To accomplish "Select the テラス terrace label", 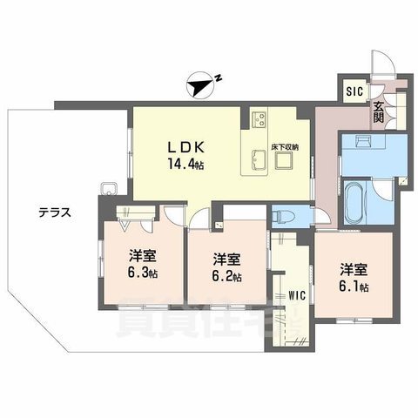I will tap(53, 212).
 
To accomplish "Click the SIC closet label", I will tap(354, 90).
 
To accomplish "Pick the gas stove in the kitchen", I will tap(259, 120).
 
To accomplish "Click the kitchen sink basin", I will tap(258, 158).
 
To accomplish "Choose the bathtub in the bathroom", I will tap(356, 204).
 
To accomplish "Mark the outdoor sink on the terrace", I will tap(108, 191).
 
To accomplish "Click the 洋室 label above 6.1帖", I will tap(354, 268).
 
